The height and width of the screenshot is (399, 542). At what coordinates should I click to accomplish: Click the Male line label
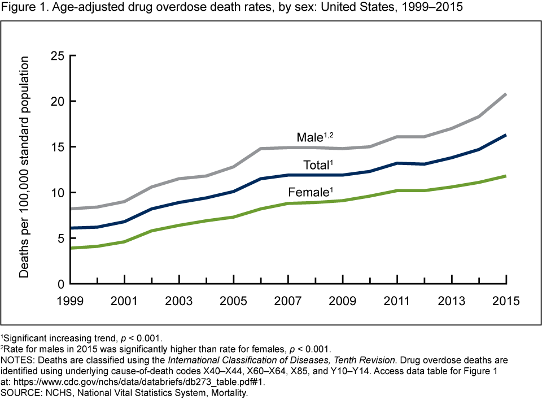pos(310,137)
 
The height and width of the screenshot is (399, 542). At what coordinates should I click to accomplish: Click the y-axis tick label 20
pos(57,101)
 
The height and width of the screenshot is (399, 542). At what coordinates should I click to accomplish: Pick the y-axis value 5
pos(60,238)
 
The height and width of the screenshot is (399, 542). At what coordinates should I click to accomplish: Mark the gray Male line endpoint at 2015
pos(505,94)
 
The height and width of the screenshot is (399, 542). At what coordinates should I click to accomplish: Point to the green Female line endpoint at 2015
pos(505,176)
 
